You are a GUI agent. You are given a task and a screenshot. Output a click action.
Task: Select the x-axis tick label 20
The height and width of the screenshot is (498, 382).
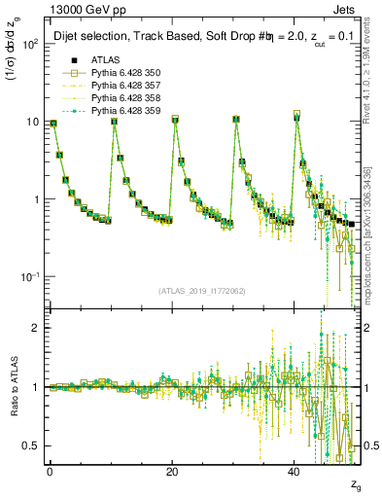(x=172, y=472)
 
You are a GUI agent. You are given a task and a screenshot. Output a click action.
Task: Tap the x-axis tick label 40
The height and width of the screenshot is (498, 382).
(x=295, y=472)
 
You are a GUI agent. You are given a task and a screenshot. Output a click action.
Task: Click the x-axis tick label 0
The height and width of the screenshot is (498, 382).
(x=50, y=472)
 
